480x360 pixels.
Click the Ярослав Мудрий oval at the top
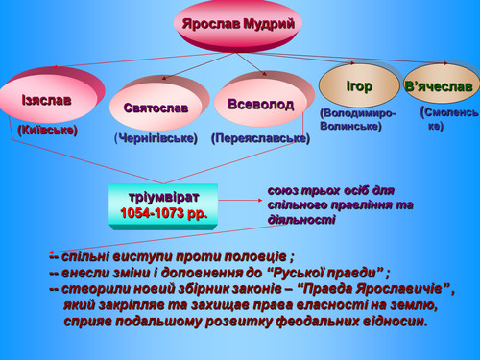click(x=238, y=25)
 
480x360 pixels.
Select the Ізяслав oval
click(x=48, y=98)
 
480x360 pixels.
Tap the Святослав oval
click(x=156, y=107)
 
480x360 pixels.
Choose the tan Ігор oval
click(x=359, y=85)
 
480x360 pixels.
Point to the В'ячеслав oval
click(x=441, y=85)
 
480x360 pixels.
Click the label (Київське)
click(x=48, y=130)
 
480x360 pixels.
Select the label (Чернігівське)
click(x=156, y=138)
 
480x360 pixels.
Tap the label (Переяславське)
click(x=260, y=138)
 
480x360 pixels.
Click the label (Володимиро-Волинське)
click(x=358, y=120)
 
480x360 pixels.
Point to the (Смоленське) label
click(x=448, y=119)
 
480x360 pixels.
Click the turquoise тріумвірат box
click(x=163, y=206)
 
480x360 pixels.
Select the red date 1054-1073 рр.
click(x=164, y=213)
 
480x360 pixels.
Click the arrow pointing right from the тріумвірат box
click(x=240, y=200)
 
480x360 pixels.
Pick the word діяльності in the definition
click(x=301, y=220)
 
